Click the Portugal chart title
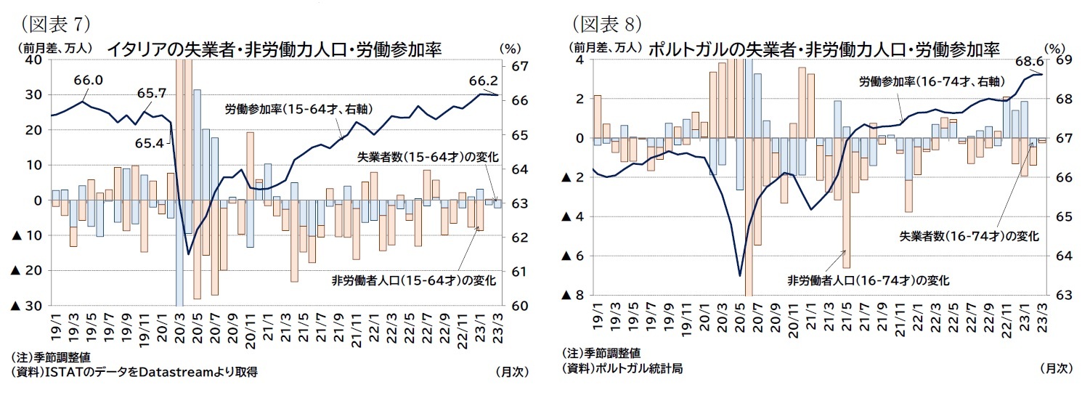point(822,49)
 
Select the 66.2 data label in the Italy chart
point(483,80)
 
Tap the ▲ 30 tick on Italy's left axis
point(26,306)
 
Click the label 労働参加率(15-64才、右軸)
point(299,110)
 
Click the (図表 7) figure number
point(56,24)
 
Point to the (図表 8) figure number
point(607,24)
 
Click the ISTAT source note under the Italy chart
point(134,372)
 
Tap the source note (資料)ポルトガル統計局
point(623,368)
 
